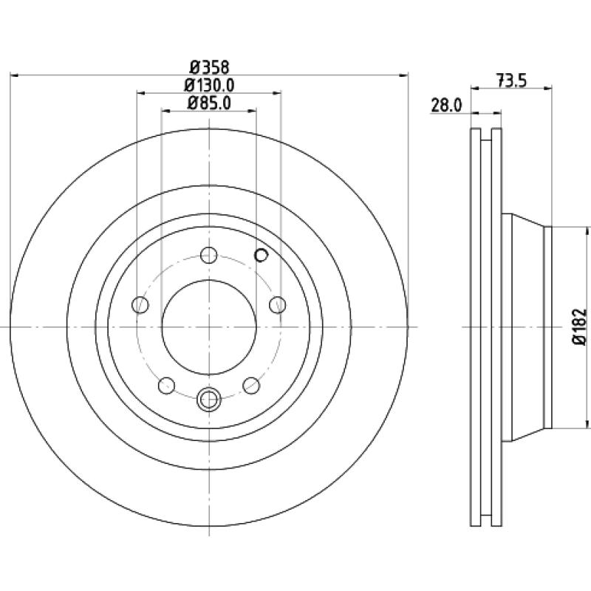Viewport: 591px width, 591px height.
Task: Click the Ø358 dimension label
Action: click(x=210, y=67)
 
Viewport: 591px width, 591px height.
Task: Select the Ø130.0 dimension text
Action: click(x=209, y=85)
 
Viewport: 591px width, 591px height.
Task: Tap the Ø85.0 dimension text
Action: click(x=209, y=103)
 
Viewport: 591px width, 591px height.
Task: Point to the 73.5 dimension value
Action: click(x=511, y=81)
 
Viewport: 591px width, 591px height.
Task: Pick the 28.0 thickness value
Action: click(x=446, y=106)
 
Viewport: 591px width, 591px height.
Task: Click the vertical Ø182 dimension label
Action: click(x=580, y=327)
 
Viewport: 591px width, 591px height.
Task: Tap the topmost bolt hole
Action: click(x=209, y=255)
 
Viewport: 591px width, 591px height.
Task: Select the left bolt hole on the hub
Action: click(x=140, y=304)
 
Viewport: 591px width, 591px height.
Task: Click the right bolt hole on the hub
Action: click(x=278, y=304)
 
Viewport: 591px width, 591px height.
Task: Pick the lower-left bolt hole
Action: click(x=167, y=385)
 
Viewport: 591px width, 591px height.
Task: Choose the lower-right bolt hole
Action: click(x=251, y=385)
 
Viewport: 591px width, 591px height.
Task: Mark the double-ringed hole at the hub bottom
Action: click(x=209, y=400)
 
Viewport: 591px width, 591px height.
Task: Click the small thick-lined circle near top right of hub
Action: click(x=262, y=255)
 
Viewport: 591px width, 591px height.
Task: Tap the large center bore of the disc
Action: click(x=209, y=327)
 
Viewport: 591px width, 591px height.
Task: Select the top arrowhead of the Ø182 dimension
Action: click(x=587, y=231)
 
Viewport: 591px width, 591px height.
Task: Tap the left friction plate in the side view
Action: click(x=476, y=327)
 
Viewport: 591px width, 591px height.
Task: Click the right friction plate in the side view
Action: click(x=496, y=327)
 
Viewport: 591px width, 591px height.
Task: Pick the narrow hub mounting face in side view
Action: click(x=548, y=327)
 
